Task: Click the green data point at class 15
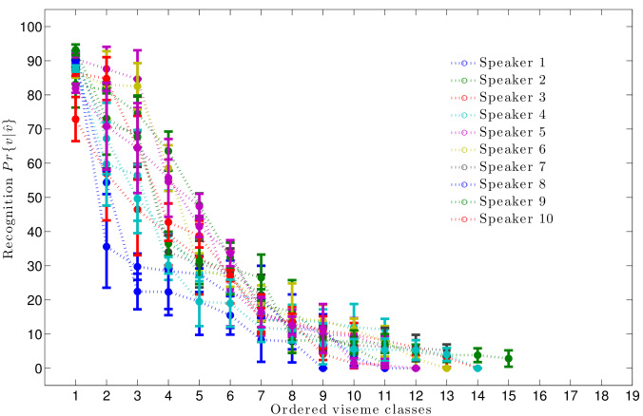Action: point(509,359)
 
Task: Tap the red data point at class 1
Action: point(75,119)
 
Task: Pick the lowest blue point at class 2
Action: point(107,247)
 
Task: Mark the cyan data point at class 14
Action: point(478,368)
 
